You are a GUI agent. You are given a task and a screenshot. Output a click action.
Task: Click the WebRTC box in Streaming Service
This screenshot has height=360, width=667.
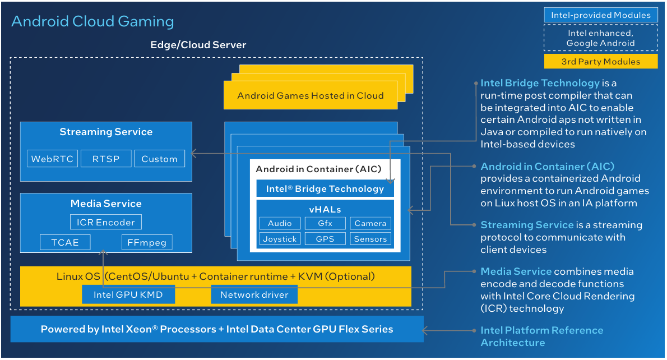coord(52,159)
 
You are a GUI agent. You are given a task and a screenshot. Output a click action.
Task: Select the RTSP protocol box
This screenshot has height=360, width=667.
coord(106,159)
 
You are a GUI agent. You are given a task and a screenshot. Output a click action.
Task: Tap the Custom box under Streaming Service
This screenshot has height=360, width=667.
coord(159,159)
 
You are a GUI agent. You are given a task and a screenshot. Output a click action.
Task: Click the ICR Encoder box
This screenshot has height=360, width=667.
coord(106,222)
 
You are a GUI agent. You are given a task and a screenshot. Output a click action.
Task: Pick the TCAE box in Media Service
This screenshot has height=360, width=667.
coord(65,242)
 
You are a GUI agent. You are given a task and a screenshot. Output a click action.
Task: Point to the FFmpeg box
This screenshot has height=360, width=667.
coord(147,242)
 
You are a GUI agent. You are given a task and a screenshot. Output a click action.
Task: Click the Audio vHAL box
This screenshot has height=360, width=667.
coord(280,223)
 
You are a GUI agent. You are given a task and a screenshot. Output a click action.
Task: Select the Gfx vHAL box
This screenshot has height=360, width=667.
coord(325,223)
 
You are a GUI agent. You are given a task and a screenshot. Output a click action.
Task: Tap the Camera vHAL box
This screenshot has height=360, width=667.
coord(370,223)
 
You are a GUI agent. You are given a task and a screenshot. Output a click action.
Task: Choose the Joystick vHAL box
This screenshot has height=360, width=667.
coord(280,239)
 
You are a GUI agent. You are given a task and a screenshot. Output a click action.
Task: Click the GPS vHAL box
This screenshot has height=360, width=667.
coord(325,239)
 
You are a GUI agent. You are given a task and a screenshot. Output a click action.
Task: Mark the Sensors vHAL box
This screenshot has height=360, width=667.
coord(370,239)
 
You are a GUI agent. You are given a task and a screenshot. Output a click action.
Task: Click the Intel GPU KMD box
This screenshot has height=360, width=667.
coord(128,294)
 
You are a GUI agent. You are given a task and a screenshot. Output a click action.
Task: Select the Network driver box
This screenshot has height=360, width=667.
coord(254,294)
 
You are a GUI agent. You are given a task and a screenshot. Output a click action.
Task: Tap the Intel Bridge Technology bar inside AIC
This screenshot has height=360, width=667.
coord(325,188)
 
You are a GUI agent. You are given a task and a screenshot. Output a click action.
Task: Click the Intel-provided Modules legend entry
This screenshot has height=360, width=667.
coord(601,15)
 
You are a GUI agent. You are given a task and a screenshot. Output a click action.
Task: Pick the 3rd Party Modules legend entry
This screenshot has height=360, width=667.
coord(601,61)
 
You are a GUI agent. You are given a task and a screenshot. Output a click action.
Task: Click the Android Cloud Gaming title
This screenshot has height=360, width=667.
coord(92,21)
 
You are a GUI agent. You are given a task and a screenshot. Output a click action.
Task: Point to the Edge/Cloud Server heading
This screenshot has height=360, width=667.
coord(198,45)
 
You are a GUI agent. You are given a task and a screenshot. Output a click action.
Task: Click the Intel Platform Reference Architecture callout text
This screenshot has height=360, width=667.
coord(541,336)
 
